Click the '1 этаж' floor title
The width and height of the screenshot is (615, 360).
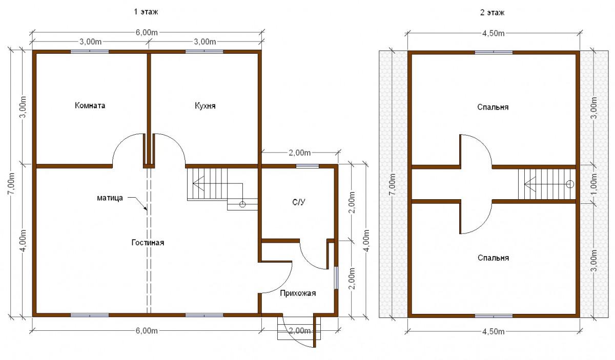pyautogui.click(x=146, y=12)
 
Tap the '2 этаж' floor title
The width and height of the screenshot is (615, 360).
pyautogui.click(x=492, y=13)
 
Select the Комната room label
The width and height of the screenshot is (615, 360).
pyautogui.click(x=90, y=105)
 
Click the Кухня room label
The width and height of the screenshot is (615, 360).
pyautogui.click(x=205, y=106)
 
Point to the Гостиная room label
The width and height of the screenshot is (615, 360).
pyautogui.click(x=148, y=243)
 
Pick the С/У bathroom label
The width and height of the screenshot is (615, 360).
pyautogui.click(x=298, y=202)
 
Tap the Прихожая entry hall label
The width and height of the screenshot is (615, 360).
pyautogui.click(x=298, y=293)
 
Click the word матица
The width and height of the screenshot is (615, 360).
pyautogui.click(x=110, y=198)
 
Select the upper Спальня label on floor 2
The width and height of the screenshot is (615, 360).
pyautogui.click(x=493, y=107)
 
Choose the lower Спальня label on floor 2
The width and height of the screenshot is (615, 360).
pyautogui.click(x=493, y=258)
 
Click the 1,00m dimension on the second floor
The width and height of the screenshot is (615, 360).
pyautogui.click(x=594, y=184)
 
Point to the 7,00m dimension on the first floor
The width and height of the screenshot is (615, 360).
pyautogui.click(x=12, y=184)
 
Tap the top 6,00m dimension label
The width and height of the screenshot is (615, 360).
pyautogui.click(x=147, y=32)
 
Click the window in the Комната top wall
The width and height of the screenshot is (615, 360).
pyautogui.click(x=90, y=51)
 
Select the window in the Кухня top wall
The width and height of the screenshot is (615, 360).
pyautogui.click(x=204, y=51)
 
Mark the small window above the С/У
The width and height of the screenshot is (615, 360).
pyautogui.click(x=307, y=166)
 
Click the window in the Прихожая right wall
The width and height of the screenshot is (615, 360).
pyautogui.click(x=336, y=278)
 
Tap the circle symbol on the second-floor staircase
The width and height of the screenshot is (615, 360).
pyautogui.click(x=570, y=184)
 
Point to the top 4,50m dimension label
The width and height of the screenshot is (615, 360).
pyautogui.click(x=494, y=33)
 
